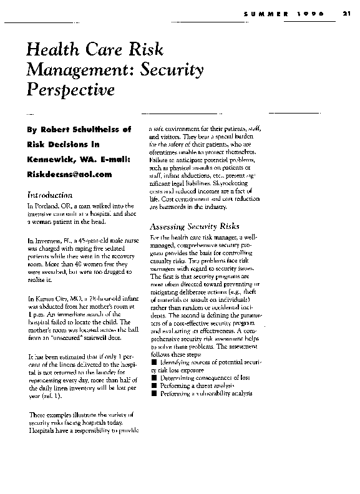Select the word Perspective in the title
pyautogui.click(x=71, y=89)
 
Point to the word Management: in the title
pyautogui.click(x=75, y=70)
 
